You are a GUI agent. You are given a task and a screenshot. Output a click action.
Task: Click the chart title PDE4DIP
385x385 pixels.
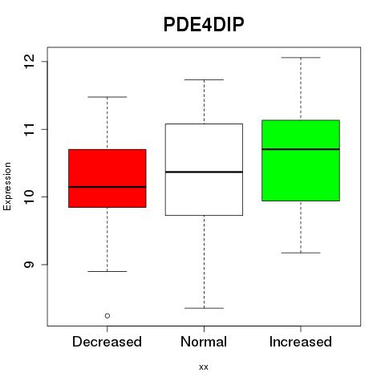[x=204, y=25]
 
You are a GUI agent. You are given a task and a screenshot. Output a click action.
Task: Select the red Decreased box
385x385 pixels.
[x=107, y=178]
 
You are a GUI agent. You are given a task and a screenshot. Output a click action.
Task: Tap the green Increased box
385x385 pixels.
[x=301, y=160]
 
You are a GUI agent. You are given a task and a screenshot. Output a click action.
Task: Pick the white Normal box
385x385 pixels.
[x=204, y=169]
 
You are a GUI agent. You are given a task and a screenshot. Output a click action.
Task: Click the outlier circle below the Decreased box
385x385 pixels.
[x=107, y=316]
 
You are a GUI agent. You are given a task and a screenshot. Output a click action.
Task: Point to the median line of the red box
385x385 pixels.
[x=107, y=187]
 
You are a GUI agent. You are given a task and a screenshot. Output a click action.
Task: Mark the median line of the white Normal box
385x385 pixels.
[x=204, y=172]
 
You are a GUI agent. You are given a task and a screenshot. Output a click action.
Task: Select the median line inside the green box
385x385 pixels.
[x=301, y=149]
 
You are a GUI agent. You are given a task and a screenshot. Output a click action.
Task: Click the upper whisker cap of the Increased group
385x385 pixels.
[x=301, y=58]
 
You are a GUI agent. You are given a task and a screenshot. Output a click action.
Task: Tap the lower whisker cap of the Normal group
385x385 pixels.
[x=204, y=308]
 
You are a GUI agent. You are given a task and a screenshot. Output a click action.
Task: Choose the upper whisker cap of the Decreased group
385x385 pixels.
[x=107, y=97]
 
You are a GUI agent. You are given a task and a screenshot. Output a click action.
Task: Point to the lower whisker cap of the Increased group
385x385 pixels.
[x=301, y=253]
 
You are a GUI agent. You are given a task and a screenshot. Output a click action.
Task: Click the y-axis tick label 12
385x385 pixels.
[x=30, y=61]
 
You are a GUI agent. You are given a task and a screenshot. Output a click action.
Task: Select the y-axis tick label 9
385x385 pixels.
[x=30, y=265]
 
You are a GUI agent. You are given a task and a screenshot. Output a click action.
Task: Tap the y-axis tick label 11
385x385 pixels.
[x=30, y=129]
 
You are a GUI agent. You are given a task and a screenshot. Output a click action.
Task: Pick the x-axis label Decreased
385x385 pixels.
[x=107, y=342]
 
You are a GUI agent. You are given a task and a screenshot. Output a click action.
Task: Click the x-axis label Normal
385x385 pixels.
[x=204, y=342]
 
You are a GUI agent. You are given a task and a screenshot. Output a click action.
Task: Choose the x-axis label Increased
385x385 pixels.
[x=301, y=342]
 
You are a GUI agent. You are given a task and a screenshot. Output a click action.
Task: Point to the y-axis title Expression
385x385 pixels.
[x=7, y=186]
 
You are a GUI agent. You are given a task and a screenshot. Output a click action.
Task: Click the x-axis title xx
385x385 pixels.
[x=204, y=367]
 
